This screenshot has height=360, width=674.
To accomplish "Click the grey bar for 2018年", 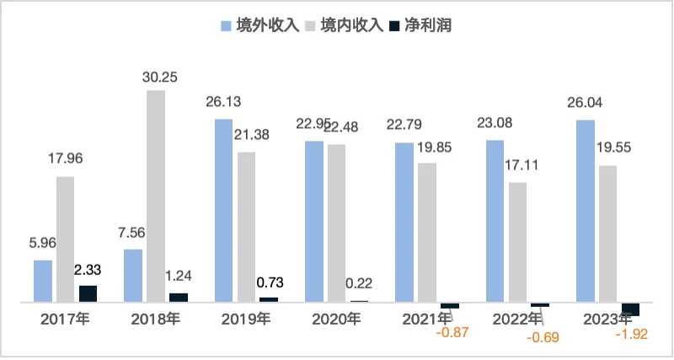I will [x=156, y=196].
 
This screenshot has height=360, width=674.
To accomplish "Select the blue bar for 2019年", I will [x=223, y=210].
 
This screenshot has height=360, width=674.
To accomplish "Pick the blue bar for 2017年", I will [x=43, y=281].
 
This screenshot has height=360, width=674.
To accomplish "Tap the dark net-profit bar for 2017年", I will [x=88, y=293].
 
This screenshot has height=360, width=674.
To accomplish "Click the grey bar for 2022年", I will [x=518, y=242].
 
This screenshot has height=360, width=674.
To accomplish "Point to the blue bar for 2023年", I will [x=585, y=211].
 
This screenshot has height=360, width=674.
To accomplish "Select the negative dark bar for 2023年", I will [x=630, y=309].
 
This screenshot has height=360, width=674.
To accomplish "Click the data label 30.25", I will [x=156, y=75].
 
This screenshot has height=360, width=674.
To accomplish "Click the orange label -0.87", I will [x=452, y=332].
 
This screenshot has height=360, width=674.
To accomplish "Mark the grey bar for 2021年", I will [x=427, y=232].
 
